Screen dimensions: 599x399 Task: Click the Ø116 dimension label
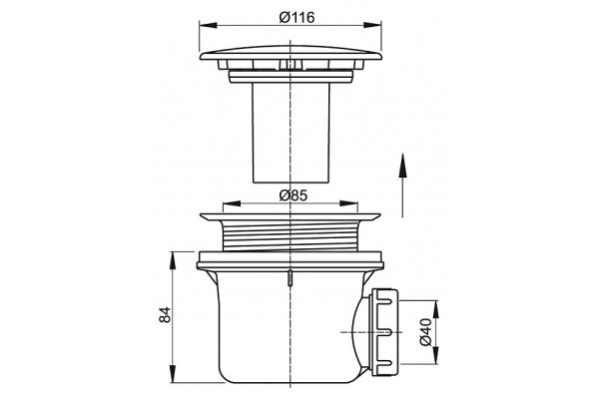[x=297, y=17]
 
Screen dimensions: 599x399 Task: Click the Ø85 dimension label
[x=293, y=196]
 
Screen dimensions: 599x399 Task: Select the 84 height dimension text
[x=165, y=314]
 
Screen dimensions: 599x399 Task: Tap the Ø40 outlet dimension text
[x=425, y=332]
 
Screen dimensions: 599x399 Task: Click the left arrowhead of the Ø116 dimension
[x=209, y=25]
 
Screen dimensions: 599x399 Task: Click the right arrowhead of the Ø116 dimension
[x=372, y=25]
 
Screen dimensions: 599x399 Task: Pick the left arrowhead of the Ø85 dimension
[x=232, y=203]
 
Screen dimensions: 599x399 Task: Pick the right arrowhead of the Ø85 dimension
[x=348, y=203]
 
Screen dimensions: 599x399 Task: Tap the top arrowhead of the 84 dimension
[x=173, y=260]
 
